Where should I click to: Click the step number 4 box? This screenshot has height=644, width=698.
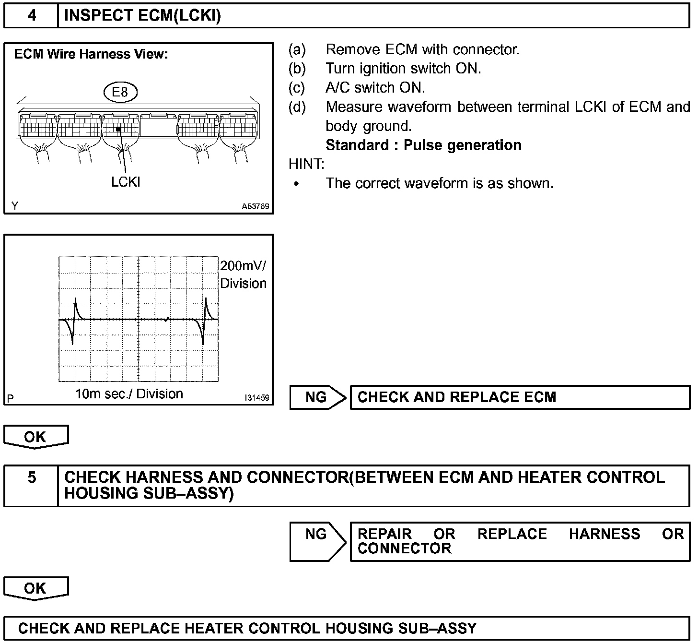(x=31, y=16)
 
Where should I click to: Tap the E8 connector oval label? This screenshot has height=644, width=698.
(x=120, y=92)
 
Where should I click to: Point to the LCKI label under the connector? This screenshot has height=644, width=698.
(x=126, y=182)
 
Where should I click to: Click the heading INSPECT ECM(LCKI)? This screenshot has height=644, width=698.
(x=142, y=16)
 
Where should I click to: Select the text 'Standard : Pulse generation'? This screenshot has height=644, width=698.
(x=423, y=145)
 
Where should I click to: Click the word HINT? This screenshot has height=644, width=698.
(x=306, y=164)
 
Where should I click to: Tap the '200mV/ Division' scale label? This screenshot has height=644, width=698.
(x=243, y=274)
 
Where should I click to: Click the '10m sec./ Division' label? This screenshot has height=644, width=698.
(x=129, y=394)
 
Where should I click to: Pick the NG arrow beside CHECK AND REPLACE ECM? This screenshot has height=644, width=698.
(x=317, y=397)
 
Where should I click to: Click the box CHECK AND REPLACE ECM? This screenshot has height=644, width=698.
(x=520, y=397)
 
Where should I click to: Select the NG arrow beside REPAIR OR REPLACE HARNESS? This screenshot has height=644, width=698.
(x=317, y=541)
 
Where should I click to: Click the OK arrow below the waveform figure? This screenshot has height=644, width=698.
(x=36, y=437)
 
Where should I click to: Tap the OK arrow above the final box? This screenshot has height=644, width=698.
(x=36, y=588)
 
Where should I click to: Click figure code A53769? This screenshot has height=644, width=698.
(x=255, y=206)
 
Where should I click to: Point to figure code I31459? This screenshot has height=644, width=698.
(x=256, y=398)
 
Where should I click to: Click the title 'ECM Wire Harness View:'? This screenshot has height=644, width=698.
(x=91, y=54)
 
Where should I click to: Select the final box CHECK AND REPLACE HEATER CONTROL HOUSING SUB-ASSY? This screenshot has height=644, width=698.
(x=346, y=628)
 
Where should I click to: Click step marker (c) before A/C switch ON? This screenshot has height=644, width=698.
(x=297, y=88)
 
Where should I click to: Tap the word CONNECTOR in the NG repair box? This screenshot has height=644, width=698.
(x=404, y=549)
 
